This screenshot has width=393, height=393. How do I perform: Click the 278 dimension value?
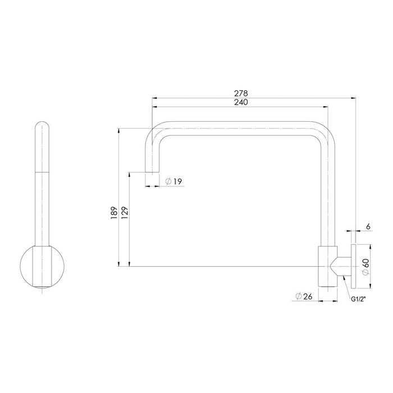[x=243, y=93]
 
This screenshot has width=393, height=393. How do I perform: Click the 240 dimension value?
[x=243, y=102]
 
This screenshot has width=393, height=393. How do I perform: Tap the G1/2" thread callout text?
[x=359, y=300]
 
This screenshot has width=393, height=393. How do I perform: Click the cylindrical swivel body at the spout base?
[x=326, y=266]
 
